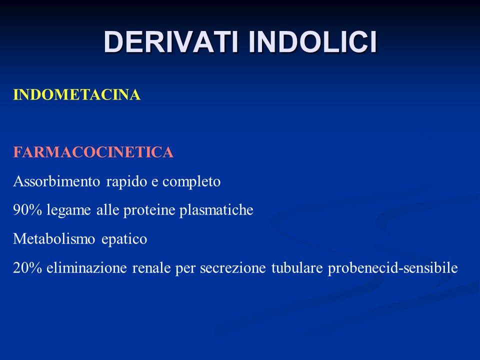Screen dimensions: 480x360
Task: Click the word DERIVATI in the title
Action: pyautogui.click(x=171, y=42)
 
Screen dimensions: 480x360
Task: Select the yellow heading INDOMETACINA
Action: pyautogui.click(x=76, y=94)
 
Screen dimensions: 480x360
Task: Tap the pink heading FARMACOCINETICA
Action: pyautogui.click(x=93, y=152)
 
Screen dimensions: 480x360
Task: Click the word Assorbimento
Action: pyautogui.click(x=56, y=181)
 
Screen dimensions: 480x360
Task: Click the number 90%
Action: pyautogui.click(x=27, y=210)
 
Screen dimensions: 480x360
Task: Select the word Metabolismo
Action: pyautogui.click(x=54, y=239)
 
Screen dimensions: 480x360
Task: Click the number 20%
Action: pyautogui.click(x=27, y=268)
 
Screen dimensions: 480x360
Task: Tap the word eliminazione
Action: pyautogui.click(x=86, y=268)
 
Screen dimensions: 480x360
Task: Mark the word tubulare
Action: pyautogui.click(x=297, y=268)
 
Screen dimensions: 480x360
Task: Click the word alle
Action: pyautogui.click(x=107, y=210)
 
